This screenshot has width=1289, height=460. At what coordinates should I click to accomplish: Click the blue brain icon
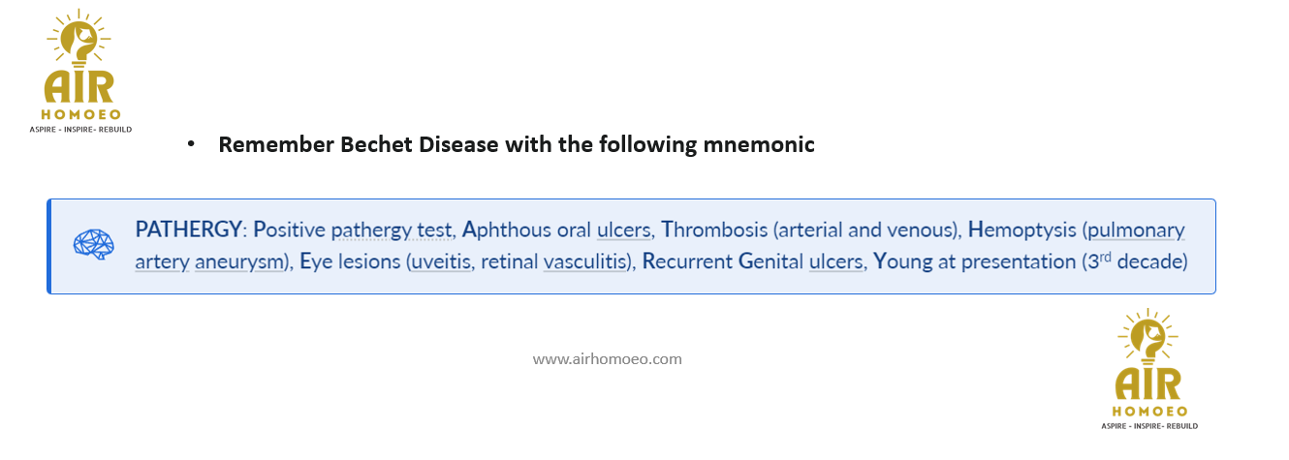point(94,244)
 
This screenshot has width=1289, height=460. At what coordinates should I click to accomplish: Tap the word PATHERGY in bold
point(188,230)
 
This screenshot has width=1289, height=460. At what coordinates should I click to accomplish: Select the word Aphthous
point(506,230)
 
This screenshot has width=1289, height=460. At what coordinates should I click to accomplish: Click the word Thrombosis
point(714,230)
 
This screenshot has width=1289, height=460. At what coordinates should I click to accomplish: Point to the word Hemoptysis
point(1022,230)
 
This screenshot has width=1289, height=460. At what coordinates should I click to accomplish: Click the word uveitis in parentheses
point(441,261)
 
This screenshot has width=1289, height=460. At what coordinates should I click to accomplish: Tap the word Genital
point(771,261)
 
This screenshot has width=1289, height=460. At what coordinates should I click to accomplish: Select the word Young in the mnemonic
point(903,262)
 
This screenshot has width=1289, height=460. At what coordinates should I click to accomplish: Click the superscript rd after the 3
point(1106,257)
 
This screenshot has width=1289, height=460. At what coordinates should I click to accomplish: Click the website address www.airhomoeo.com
point(607,359)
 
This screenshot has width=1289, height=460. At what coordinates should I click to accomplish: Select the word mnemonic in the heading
point(759,144)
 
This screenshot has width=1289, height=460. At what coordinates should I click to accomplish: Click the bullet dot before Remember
point(191,144)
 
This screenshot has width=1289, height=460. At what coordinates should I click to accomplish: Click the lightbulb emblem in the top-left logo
point(79,39)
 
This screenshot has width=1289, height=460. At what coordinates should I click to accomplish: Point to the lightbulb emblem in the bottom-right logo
point(1148,337)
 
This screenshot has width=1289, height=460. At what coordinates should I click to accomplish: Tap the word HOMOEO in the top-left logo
point(81,115)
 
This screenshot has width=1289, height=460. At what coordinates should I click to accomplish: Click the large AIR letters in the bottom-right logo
point(1148,384)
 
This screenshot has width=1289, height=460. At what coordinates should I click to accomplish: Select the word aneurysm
point(240,262)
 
